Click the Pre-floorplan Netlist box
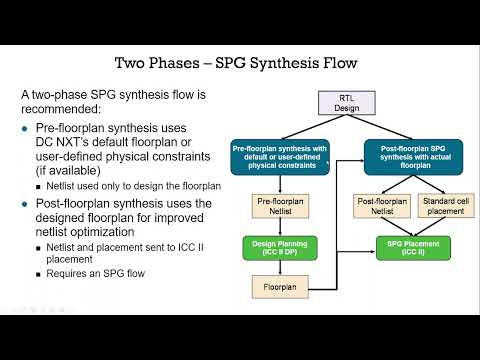[279, 206]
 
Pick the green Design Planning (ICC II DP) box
[279, 246]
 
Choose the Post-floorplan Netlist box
[380, 206]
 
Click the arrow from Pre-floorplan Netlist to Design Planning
[279, 226]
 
